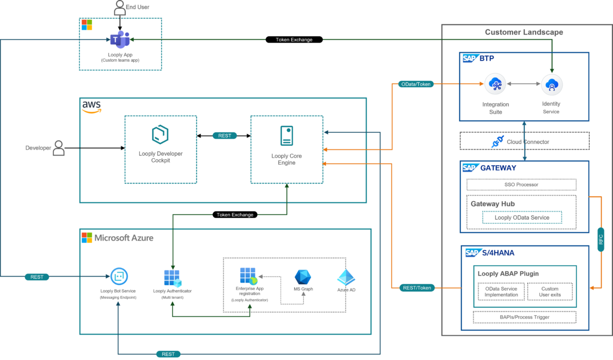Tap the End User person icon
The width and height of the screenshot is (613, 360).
pos(120,8)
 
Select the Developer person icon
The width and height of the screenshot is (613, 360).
pos(59,148)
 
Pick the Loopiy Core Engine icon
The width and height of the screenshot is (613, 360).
pos(286,135)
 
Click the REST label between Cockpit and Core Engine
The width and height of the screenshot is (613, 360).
pos(225,136)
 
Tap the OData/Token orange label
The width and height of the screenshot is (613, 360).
pos(416,84)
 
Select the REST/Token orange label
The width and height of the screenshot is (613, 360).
pos(416,288)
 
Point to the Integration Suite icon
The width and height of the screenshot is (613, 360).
pos(495,84)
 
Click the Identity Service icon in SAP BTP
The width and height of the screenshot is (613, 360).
pos(551,84)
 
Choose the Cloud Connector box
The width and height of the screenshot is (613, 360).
pos(524,142)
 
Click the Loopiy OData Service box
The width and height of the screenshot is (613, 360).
pos(522,217)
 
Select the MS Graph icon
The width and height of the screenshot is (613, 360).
pos(303,277)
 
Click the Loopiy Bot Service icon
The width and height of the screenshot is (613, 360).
pos(118,277)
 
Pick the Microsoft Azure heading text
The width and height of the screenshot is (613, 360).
pos(124,237)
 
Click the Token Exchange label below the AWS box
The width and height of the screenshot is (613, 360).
pos(234,215)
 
